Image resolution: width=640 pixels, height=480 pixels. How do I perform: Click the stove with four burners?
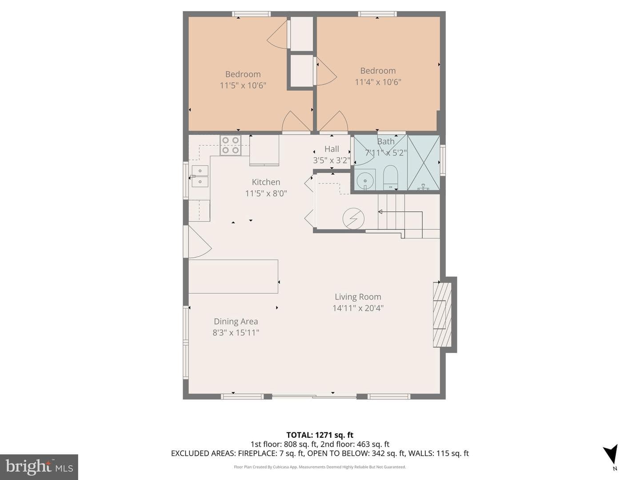click(x=230, y=145)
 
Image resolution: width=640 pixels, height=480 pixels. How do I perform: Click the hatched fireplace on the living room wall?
click(x=442, y=314)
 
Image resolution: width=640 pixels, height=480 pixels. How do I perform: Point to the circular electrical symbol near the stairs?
click(x=353, y=218)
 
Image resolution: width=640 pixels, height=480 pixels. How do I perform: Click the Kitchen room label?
click(x=266, y=182)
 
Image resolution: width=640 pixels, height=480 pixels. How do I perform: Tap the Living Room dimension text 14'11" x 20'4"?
click(x=358, y=308)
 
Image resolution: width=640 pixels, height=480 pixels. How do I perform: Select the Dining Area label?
click(x=236, y=321)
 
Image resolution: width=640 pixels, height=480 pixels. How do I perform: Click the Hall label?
click(x=332, y=149)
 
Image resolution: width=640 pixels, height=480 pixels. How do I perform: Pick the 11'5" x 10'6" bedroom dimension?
click(x=243, y=85)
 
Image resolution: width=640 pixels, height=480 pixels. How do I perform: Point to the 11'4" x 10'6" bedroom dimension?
click(x=378, y=82)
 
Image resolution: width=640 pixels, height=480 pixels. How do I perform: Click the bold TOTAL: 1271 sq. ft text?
click(x=320, y=435)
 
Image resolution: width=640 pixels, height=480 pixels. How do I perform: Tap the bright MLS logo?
click(x=39, y=467)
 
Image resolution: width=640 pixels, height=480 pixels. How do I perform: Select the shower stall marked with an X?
click(x=424, y=163)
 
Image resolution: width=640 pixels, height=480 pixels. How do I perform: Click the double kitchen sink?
click(x=200, y=176)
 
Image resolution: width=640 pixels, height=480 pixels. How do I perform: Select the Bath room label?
click(x=385, y=142)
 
